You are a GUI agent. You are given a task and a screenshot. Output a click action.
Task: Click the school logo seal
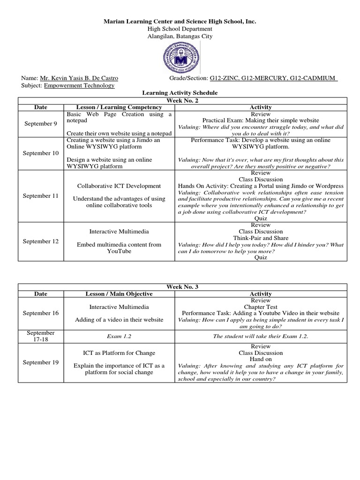(x=180, y=57)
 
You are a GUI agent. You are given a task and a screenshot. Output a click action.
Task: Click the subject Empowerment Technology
(x=79, y=85)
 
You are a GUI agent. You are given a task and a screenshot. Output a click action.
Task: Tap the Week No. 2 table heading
(x=180, y=100)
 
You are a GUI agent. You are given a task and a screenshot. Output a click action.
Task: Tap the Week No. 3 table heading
(x=180, y=286)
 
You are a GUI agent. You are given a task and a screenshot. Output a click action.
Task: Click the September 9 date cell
(x=41, y=123)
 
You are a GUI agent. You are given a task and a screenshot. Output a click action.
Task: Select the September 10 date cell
(x=41, y=153)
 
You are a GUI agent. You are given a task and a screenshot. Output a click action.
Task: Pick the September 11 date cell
(x=41, y=195)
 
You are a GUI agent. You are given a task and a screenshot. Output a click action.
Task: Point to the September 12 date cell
(x=41, y=241)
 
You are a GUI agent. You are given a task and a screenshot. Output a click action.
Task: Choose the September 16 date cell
(x=41, y=313)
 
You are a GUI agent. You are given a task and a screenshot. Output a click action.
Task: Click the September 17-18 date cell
(x=41, y=336)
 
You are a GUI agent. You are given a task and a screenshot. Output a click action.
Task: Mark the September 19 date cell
(x=41, y=362)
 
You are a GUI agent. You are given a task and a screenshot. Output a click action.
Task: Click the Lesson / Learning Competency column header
(x=119, y=107)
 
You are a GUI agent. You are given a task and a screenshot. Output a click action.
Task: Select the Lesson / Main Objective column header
(x=119, y=293)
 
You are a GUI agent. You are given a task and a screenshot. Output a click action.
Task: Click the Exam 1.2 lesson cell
(x=119, y=336)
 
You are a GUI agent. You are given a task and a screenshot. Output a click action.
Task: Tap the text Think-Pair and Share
(x=261, y=238)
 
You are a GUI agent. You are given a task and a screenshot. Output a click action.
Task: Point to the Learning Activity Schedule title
(x=180, y=93)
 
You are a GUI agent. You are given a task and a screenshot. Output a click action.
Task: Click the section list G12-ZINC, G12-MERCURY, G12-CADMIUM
(x=274, y=78)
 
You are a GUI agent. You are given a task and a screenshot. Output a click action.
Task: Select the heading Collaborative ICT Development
(x=119, y=186)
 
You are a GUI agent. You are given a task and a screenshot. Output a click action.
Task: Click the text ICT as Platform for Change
(x=119, y=352)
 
